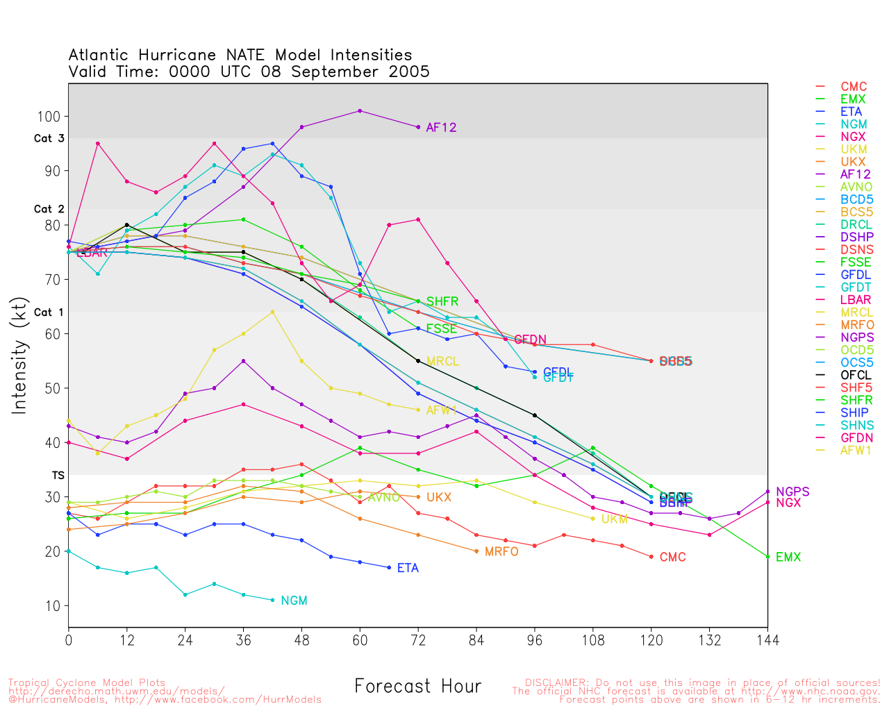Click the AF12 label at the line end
441,128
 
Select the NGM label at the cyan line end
294,601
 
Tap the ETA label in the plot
408,568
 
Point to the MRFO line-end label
501,552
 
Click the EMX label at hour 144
788,557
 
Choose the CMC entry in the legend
854,87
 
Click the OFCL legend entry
856,375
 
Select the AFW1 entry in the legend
856,451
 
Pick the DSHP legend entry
856,237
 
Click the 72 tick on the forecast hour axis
418,639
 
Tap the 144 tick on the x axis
767,639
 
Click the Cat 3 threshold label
49,139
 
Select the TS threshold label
58,476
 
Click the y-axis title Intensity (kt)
19,355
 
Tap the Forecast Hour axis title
417,687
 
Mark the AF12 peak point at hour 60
360,111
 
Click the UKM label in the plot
614,519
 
